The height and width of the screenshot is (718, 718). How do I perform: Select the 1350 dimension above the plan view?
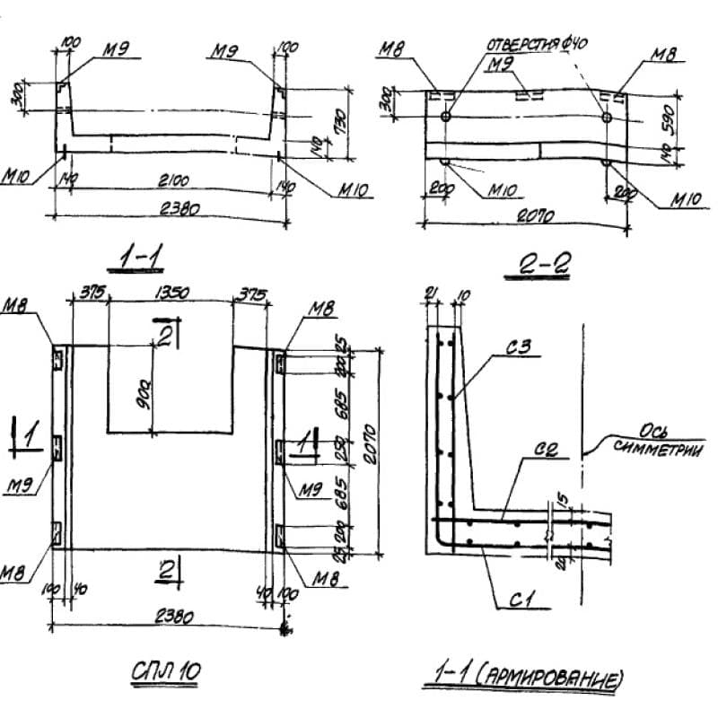[x=171, y=293]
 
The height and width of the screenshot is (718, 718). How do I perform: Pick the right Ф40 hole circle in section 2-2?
[x=607, y=117]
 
